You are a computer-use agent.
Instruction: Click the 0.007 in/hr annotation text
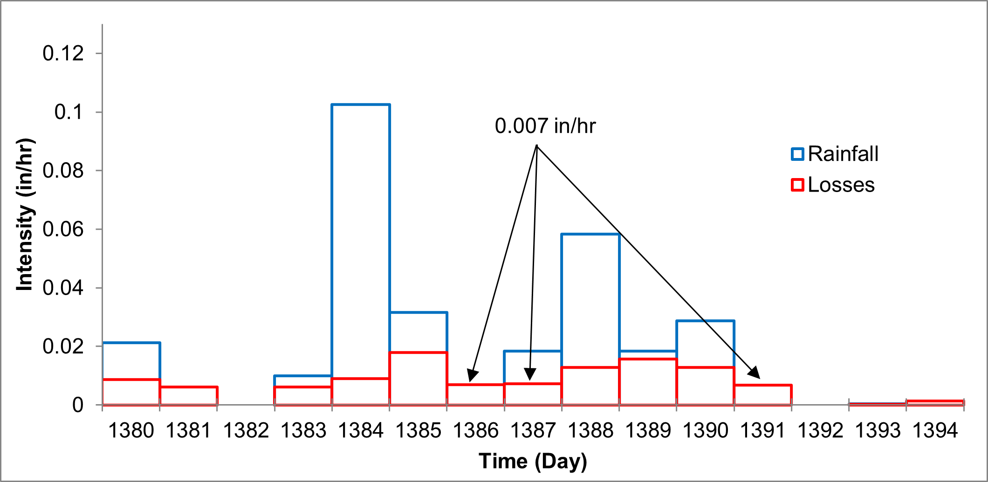(545, 126)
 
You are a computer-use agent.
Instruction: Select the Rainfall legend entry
(834, 154)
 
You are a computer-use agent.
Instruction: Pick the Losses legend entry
(833, 185)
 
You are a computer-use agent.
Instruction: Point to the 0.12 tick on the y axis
(63, 54)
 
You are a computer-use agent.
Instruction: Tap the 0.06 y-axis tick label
(63, 229)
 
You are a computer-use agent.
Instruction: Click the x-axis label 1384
(361, 430)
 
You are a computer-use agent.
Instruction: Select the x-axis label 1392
(820, 430)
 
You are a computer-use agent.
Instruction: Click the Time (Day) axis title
(533, 461)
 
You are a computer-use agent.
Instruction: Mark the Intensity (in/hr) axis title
(25, 214)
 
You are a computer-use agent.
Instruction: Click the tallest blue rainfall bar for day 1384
(361, 233)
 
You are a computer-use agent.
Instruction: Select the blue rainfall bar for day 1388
(590, 298)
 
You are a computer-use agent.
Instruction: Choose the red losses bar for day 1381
(188, 396)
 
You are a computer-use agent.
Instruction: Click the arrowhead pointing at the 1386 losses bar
(472, 376)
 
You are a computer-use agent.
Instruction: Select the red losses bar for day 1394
(935, 402)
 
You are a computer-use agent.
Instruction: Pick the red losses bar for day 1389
(648, 381)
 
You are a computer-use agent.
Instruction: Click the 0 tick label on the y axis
(78, 405)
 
